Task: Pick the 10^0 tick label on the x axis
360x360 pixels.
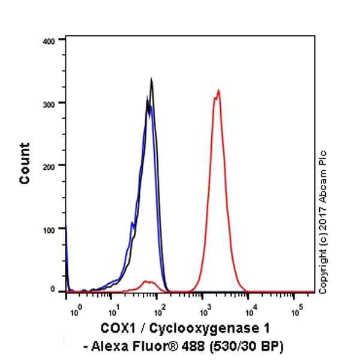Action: [x=74, y=312]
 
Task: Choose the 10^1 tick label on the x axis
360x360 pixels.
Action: [x=112, y=312]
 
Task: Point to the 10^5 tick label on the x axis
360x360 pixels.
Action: [x=296, y=312]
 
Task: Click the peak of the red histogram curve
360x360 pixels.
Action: [x=218, y=91]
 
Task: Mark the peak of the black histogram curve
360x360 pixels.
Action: [x=151, y=79]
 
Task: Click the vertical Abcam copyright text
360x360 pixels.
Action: [x=323, y=222]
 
